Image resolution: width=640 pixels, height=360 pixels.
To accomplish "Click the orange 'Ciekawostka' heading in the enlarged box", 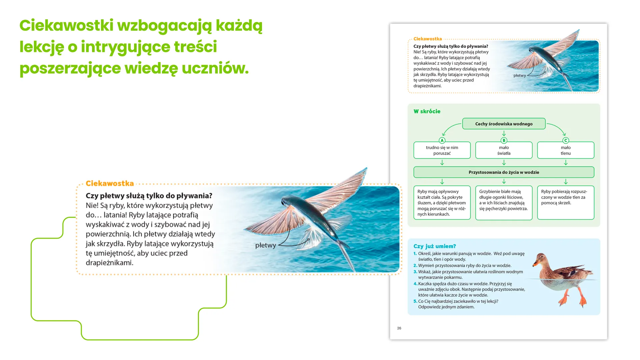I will pyautogui.click(x=110, y=183).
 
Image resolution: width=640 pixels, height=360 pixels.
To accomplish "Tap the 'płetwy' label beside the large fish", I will pyautogui.click(x=265, y=245).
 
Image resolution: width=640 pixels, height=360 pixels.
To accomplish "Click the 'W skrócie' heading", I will pyautogui.click(x=427, y=111).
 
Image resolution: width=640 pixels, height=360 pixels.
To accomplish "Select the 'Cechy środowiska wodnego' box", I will pyautogui.click(x=504, y=124).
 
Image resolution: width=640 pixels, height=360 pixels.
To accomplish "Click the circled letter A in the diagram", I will pyautogui.click(x=442, y=141).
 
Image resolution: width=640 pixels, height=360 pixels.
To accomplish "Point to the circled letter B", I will pyautogui.click(x=504, y=141).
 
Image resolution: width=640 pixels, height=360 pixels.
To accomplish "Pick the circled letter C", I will pyautogui.click(x=565, y=141).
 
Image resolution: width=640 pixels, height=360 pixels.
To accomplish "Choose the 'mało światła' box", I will pyautogui.click(x=504, y=150).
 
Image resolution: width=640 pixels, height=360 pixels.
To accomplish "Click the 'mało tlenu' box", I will pyautogui.click(x=565, y=150).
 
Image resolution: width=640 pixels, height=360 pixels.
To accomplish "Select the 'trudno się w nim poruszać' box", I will pyautogui.click(x=442, y=150).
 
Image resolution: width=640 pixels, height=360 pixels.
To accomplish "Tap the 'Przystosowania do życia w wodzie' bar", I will pyautogui.click(x=504, y=172).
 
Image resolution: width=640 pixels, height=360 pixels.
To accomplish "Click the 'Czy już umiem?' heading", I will pyautogui.click(x=434, y=246).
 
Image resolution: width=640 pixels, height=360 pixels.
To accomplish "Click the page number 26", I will pyautogui.click(x=399, y=328).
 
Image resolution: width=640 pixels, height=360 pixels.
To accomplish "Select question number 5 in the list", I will pyautogui.click(x=415, y=301).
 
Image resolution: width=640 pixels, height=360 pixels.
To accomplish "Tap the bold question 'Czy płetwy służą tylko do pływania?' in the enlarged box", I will pyautogui.click(x=149, y=196).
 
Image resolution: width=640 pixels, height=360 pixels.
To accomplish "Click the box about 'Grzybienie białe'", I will pyautogui.click(x=504, y=203).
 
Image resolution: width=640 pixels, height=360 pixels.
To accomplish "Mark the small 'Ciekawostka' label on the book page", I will pyautogui.click(x=427, y=39).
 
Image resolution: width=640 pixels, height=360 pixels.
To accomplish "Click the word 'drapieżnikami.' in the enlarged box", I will pyautogui.click(x=109, y=263).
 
